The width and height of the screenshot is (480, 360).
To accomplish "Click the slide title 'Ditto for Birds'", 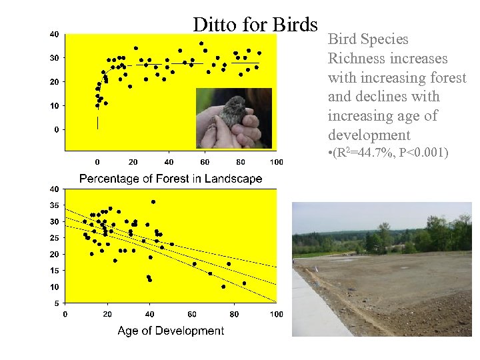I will pos(255,25).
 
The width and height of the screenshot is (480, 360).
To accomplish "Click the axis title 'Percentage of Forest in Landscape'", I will pos(171,179).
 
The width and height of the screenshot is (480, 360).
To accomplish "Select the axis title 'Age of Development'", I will pos(171,331).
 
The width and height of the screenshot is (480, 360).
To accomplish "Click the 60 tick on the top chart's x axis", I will pos(205,162).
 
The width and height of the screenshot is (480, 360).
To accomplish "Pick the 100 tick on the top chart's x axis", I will pos(276,162).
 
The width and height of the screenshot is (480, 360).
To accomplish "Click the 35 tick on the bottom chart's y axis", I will pos(53,205).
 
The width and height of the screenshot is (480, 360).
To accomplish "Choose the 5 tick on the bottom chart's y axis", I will pos(55,303).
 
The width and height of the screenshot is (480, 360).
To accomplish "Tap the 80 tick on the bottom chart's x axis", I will pos(234,314).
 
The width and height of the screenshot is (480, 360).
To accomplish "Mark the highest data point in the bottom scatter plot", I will pos(153,201).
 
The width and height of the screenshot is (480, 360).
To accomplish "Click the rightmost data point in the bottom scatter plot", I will pos(244,283).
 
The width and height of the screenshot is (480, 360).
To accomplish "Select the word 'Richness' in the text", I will pos(354,59).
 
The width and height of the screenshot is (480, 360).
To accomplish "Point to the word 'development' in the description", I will pos(365,135).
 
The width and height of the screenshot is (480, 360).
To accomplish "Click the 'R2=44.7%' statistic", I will pos(365,155).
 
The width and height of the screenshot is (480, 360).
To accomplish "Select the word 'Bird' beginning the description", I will pos(341,39).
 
